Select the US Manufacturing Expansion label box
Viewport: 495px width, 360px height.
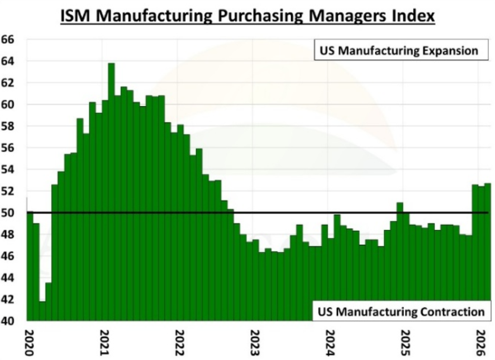pyautogui.click(x=398, y=51)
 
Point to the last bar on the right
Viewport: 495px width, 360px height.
pyautogui.click(x=487, y=252)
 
